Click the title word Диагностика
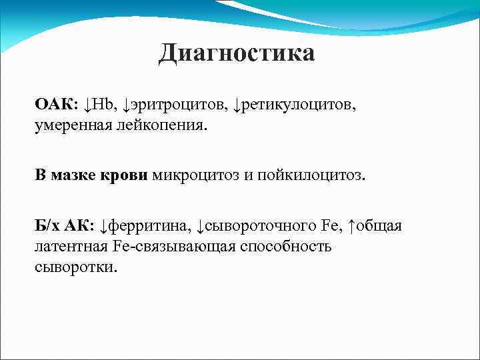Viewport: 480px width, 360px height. [x=236, y=53]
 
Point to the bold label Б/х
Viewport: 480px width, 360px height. [x=48, y=227]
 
